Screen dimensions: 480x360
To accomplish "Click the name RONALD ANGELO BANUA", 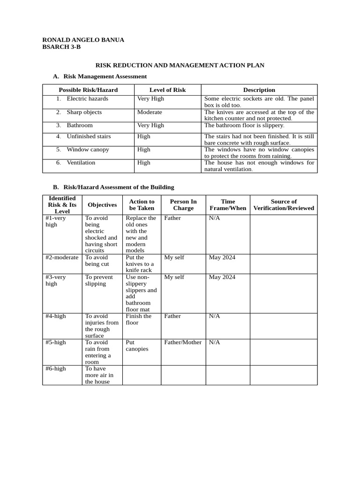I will (83, 40).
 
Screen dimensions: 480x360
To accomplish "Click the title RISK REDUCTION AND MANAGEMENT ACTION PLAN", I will (180, 65).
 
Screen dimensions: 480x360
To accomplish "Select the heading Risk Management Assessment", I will (105, 76).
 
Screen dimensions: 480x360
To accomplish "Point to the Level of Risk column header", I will (167, 90).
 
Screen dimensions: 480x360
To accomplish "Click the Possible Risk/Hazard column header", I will (88, 90).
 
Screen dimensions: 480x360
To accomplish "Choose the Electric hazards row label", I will (87, 98).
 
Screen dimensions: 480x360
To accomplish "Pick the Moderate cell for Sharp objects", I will (150, 112).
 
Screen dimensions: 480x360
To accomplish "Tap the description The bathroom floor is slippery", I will (244, 125).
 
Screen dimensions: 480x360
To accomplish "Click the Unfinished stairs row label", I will (89, 136).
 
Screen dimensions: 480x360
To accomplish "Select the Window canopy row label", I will (88, 150).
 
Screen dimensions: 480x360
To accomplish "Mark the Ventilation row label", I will (81, 163).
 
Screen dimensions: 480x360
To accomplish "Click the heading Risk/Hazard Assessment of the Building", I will (119, 187).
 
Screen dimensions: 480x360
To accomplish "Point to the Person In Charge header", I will (183, 205).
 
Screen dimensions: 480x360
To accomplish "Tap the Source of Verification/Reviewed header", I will (284, 205).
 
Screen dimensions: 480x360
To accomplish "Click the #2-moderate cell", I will (62, 257).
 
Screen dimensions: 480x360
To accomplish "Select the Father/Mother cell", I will (183, 342).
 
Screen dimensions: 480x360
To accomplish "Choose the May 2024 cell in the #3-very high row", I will (222, 277).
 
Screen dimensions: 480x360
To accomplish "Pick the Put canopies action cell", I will (137, 345).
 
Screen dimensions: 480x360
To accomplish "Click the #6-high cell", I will (56, 368).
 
